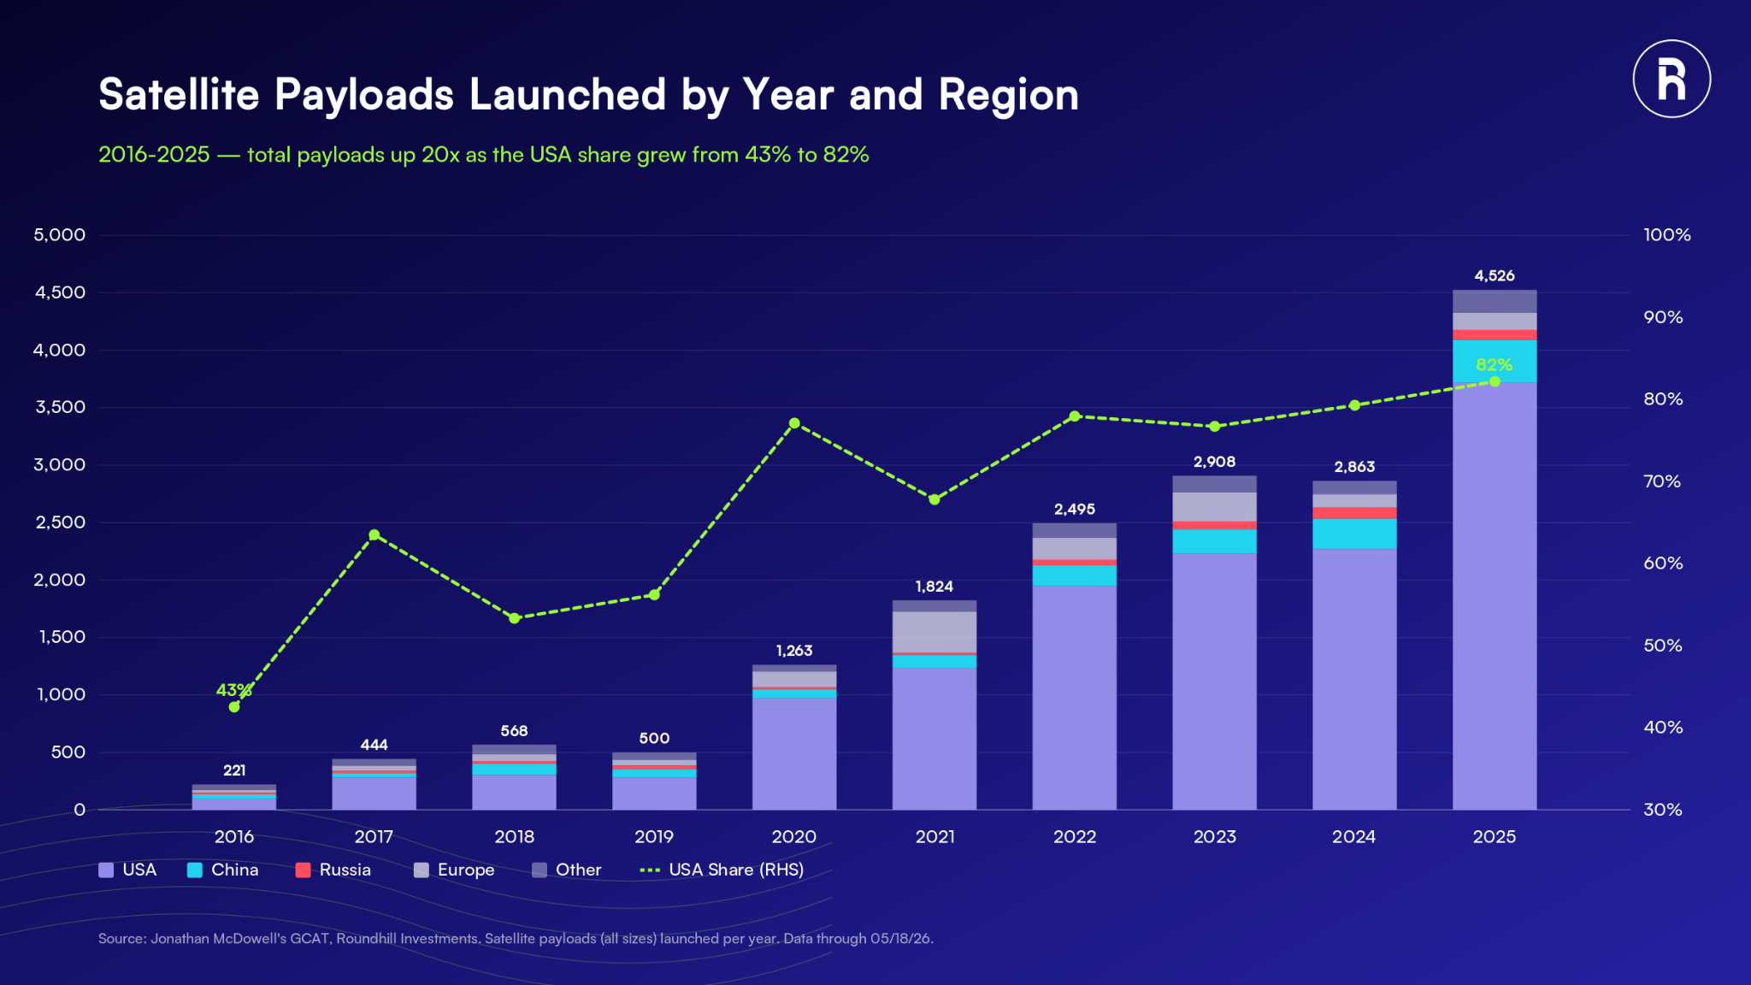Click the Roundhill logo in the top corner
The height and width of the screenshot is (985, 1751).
1671,79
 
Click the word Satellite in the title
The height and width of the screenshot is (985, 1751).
179,94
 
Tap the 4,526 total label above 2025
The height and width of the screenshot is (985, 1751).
1495,276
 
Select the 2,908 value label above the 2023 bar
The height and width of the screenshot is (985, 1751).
1214,462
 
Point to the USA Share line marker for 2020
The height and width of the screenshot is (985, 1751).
794,423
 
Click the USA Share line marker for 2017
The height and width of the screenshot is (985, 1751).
374,535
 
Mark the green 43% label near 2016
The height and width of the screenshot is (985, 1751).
233,690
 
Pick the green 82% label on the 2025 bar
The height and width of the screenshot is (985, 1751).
1495,365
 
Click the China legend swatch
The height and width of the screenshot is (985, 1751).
195,870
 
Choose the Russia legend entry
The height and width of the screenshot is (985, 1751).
333,870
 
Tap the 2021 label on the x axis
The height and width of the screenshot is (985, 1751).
934,837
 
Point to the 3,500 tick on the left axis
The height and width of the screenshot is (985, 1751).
60,407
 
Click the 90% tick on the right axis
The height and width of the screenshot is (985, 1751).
1663,317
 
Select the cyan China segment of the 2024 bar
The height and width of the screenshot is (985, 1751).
1354,534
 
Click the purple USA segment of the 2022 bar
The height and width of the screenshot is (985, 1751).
1075,698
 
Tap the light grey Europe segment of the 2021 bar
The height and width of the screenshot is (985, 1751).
934,632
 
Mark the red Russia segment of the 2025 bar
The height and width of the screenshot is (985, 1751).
1495,335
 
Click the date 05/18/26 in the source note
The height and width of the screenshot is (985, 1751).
900,939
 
